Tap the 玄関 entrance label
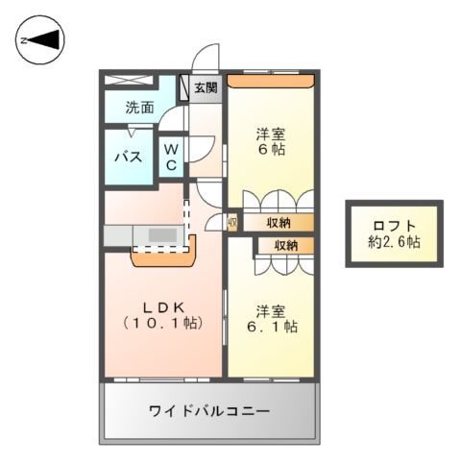point(206,88)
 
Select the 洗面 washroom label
point(139,108)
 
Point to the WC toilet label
point(170,158)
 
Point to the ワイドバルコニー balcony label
point(208,411)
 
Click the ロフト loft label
point(395,227)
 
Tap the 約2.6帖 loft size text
point(395,242)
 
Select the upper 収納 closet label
point(278,223)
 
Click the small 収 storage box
point(231,223)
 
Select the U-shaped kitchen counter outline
point(162,256)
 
